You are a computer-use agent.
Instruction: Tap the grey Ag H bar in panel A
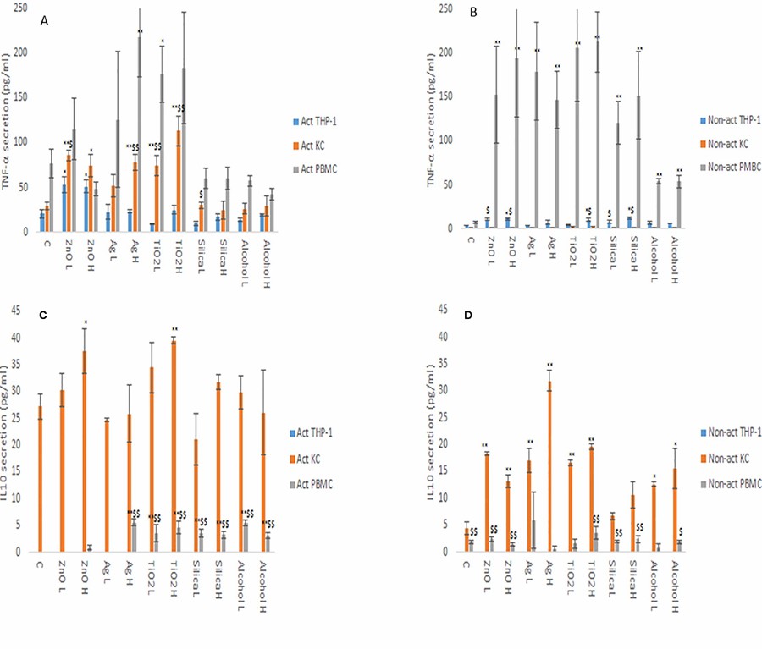coord(140,136)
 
